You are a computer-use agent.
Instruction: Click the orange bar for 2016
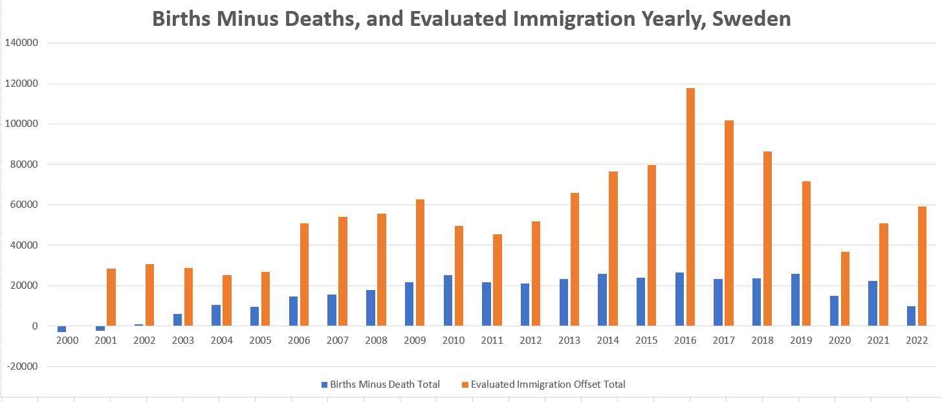691,207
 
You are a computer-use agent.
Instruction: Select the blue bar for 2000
62,329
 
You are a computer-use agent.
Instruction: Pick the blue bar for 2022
912,316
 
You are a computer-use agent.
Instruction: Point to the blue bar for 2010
448,300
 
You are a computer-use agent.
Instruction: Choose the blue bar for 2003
177,320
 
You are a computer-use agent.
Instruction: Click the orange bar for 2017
729,223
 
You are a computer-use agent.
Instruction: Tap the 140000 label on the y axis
21,43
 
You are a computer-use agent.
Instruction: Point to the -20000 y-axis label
21,367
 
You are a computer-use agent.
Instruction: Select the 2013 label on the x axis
569,340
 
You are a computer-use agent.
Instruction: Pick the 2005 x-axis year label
260,340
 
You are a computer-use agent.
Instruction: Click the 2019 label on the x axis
801,340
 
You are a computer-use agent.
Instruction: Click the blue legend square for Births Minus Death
325,385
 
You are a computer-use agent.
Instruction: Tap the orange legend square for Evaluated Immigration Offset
465,385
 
